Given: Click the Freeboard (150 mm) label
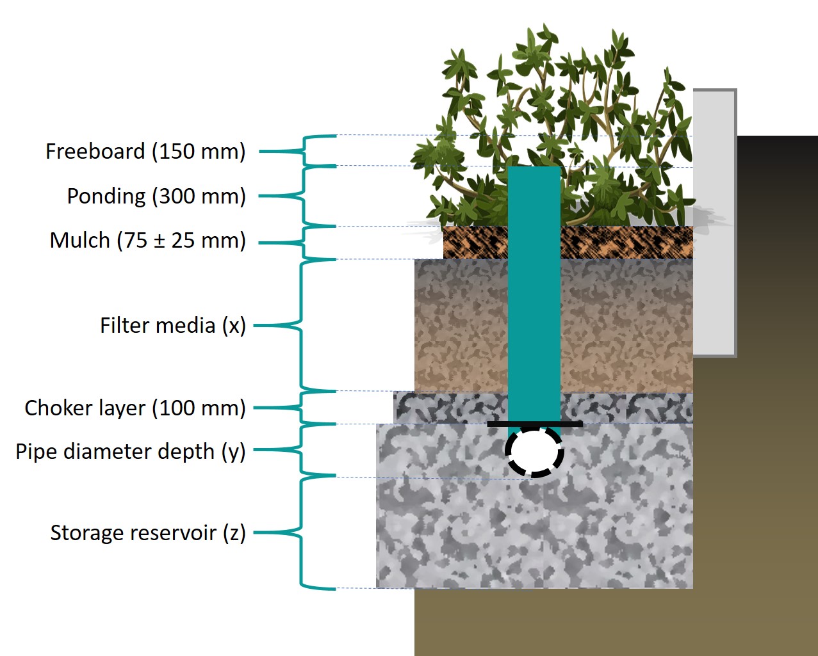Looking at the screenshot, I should click(x=145, y=152).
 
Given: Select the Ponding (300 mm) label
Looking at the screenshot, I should click(x=156, y=196).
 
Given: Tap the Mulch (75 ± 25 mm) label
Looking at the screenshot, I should click(x=148, y=241).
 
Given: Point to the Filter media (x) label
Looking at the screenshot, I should click(x=173, y=325).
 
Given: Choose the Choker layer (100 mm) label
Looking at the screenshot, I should click(x=135, y=408).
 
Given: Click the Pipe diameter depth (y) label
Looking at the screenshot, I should click(x=131, y=451).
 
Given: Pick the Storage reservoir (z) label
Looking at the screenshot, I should click(x=148, y=532).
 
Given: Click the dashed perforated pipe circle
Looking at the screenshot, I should click(x=535, y=452).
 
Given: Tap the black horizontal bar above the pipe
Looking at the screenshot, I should click(x=535, y=424).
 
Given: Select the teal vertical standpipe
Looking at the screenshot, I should click(x=534, y=288).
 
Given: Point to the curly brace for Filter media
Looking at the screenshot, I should click(x=299, y=325).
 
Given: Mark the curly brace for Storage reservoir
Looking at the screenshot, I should click(x=299, y=532).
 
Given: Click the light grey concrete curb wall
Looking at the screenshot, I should click(x=714, y=224).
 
